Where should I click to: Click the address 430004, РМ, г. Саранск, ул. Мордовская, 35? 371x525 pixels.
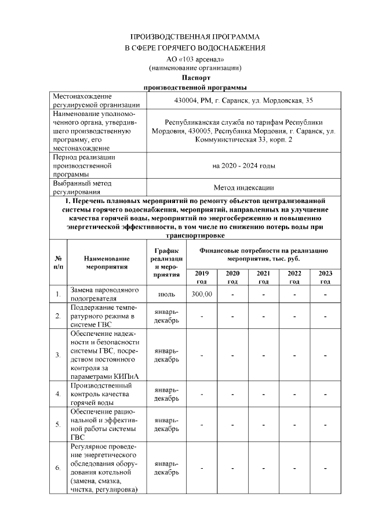click(243, 100)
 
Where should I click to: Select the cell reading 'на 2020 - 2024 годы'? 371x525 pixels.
click(243, 166)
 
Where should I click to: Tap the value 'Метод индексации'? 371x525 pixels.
click(243, 187)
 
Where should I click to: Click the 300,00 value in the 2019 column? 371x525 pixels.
click(201, 295)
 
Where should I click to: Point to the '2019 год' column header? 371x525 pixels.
click(201, 277)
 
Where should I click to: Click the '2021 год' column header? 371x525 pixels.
click(263, 277)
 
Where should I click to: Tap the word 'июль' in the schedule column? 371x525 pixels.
click(166, 295)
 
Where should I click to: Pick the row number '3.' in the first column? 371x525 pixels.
click(58, 354)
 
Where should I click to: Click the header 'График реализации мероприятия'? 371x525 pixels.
click(166, 264)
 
